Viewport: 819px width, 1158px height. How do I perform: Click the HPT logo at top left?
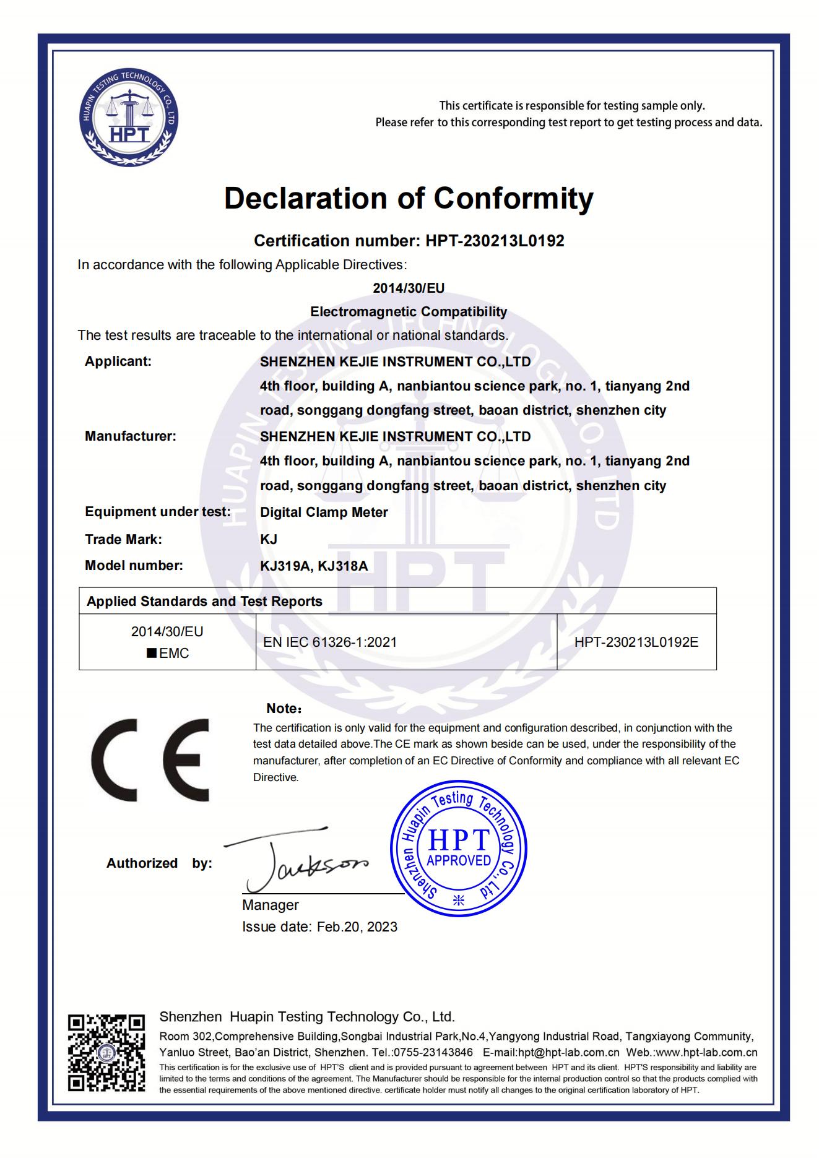[129, 118]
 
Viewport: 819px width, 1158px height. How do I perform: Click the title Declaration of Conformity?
[409, 199]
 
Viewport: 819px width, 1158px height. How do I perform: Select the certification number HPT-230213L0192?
[495, 241]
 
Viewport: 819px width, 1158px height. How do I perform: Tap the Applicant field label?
[118, 361]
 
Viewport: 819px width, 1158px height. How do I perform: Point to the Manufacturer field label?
[131, 436]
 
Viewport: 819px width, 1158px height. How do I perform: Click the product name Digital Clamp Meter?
[324, 512]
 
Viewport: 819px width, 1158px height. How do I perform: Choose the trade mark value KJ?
[269, 539]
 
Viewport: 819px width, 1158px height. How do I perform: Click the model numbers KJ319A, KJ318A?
[314, 566]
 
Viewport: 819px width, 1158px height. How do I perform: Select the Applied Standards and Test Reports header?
[204, 602]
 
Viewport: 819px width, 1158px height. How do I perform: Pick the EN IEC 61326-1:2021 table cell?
[330, 642]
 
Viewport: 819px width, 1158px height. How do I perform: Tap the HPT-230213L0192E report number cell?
[636, 642]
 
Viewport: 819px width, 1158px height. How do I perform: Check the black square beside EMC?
[151, 654]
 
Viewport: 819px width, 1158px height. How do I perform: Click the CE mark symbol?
[150, 759]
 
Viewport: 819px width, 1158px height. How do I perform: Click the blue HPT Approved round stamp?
[459, 848]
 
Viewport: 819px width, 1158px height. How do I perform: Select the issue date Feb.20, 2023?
[357, 927]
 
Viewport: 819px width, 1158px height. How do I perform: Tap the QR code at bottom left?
[106, 1053]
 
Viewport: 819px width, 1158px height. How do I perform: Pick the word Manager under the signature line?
[271, 905]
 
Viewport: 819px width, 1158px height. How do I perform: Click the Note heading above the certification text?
[283, 709]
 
